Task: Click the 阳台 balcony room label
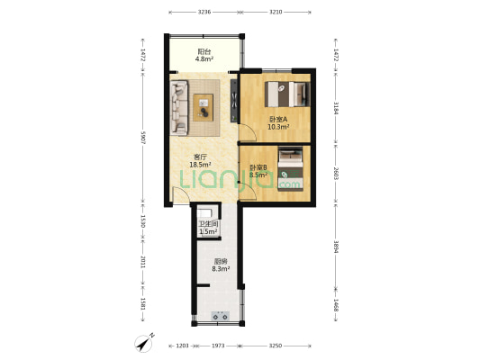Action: (x=204, y=52)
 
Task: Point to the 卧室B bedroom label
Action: (x=258, y=167)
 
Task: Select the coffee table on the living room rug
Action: (x=204, y=106)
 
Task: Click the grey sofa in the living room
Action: (x=177, y=103)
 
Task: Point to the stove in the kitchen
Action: (x=221, y=315)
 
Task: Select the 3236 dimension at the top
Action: (x=204, y=13)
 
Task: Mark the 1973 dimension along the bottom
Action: (x=216, y=346)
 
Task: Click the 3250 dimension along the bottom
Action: (x=277, y=346)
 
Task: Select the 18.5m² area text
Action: (x=200, y=165)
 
